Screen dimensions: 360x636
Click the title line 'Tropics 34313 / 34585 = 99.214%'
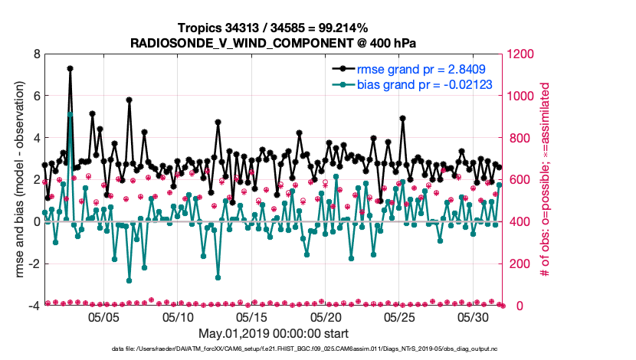pos(274,28)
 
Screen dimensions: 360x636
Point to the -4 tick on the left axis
pos(34,306)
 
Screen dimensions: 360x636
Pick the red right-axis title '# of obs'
pos(546,180)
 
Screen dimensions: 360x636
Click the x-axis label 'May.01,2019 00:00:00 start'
pos(274,333)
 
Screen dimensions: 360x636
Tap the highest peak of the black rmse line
pos(70,68)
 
